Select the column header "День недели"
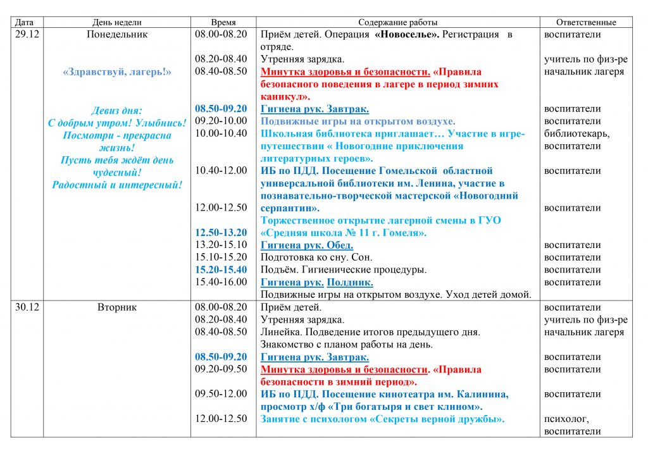(x=117, y=23)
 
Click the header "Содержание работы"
(x=397, y=23)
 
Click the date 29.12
(x=27, y=35)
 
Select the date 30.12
(x=27, y=307)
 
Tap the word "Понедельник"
(x=117, y=35)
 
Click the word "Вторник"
(x=117, y=307)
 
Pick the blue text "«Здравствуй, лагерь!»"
(x=117, y=72)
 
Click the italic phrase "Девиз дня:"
(x=117, y=110)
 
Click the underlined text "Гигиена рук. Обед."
(x=307, y=245)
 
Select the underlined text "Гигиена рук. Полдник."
(x=316, y=282)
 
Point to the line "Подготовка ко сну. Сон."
(x=316, y=257)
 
